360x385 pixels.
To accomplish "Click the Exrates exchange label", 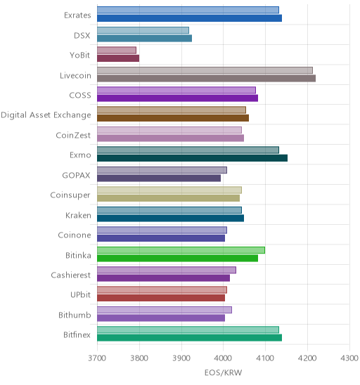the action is point(77,15).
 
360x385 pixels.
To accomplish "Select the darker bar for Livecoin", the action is point(206,78).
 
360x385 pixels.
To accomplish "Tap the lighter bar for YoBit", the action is point(117,51).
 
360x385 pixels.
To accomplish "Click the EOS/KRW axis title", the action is point(223,373).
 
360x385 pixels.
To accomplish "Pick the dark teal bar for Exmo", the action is point(192,158).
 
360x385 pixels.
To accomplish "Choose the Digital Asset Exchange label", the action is point(46,115).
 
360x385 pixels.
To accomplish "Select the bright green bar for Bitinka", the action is point(177,258).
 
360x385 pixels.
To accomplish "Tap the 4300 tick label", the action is point(349,358).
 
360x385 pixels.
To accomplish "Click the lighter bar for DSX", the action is point(143,30).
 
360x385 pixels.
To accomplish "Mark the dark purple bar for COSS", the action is point(177,98).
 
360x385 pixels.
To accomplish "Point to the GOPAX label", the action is point(76,176).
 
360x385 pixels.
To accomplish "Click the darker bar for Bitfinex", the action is point(189,338).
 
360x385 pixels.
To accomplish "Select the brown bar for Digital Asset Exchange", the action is point(173,118).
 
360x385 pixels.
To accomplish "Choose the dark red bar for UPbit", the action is point(161,298).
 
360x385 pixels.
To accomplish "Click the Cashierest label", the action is point(71,275).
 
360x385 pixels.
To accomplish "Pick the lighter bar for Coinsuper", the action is point(169,190).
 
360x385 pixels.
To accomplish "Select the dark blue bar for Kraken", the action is point(171,218).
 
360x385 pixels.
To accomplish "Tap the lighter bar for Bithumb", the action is point(165,310).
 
